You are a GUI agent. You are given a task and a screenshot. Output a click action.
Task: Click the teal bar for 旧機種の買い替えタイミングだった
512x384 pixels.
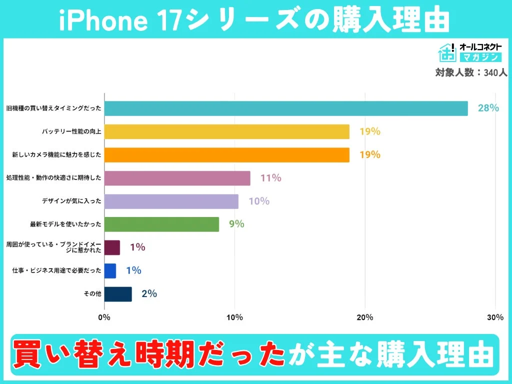(286, 108)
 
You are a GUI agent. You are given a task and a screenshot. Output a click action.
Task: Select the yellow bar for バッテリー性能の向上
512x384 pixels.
(226, 132)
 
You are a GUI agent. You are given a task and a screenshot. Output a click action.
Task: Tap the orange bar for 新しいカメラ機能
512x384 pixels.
(226, 155)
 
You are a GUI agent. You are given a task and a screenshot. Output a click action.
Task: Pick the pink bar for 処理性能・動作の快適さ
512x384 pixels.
(177, 178)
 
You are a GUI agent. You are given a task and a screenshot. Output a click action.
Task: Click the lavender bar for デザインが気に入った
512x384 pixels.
(171, 201)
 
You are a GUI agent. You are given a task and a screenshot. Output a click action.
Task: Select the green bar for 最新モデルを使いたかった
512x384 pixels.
(161, 224)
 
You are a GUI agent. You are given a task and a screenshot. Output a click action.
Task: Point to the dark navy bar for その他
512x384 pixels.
(118, 294)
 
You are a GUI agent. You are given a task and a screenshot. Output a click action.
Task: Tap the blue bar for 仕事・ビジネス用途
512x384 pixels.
(110, 271)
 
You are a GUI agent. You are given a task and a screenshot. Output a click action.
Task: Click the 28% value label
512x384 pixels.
(488, 108)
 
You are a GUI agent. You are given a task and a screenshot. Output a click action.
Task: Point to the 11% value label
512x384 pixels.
(270, 178)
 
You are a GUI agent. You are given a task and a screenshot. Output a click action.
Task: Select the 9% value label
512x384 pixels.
(236, 224)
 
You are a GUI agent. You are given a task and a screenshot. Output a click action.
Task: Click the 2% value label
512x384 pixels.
(149, 294)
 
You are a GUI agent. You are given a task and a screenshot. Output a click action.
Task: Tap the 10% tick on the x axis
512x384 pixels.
(234, 317)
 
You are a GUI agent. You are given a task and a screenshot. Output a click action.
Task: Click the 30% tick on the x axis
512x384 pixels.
(495, 317)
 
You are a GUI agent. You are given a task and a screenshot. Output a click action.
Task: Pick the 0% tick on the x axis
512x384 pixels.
(104, 317)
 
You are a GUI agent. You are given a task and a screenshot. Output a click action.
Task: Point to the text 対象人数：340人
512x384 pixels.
(471, 72)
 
